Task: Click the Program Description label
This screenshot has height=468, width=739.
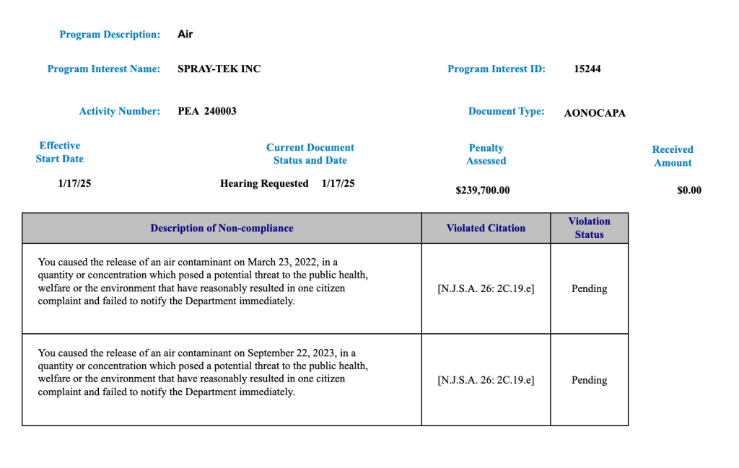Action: (x=110, y=35)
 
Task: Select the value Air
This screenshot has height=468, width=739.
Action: (x=185, y=34)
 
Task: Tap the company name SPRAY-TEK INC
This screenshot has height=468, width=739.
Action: (x=219, y=69)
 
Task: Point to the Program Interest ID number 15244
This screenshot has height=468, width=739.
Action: (x=587, y=69)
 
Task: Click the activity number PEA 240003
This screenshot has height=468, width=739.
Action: (x=207, y=111)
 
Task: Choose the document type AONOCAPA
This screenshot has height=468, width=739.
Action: (x=595, y=112)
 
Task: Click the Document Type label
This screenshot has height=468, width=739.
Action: (x=506, y=111)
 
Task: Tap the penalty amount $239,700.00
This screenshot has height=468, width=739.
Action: (x=483, y=190)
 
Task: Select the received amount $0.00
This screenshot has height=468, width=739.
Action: (x=689, y=190)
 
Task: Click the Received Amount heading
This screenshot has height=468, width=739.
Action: (x=673, y=156)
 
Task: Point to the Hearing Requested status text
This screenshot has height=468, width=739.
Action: (x=264, y=183)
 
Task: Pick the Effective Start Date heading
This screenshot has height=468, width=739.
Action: (x=60, y=152)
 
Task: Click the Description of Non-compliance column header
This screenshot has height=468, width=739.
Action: (x=222, y=228)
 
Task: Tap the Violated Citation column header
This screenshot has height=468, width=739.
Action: (x=486, y=228)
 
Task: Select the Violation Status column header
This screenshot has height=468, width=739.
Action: (x=589, y=228)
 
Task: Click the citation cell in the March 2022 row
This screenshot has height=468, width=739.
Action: (x=486, y=288)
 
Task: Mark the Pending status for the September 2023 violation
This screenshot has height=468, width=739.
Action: (x=589, y=380)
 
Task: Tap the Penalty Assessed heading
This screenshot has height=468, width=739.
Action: (x=486, y=154)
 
